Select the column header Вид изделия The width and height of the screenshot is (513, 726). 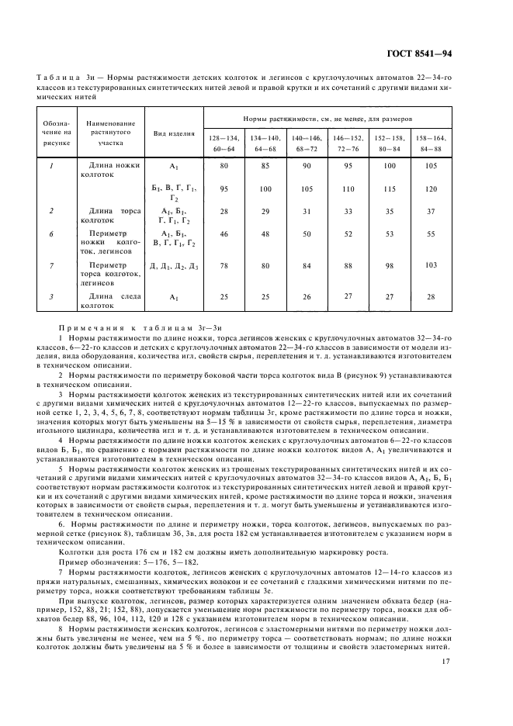click(x=175, y=133)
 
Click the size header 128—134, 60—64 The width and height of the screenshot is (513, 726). click(x=224, y=142)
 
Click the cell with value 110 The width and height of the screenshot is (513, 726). click(x=347, y=188)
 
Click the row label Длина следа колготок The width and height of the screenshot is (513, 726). click(x=111, y=299)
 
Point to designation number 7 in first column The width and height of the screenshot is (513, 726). click(x=51, y=266)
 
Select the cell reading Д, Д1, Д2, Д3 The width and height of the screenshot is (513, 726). click(x=175, y=266)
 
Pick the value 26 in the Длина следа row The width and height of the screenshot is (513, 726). click(x=306, y=296)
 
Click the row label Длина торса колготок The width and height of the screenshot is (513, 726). click(x=111, y=214)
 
